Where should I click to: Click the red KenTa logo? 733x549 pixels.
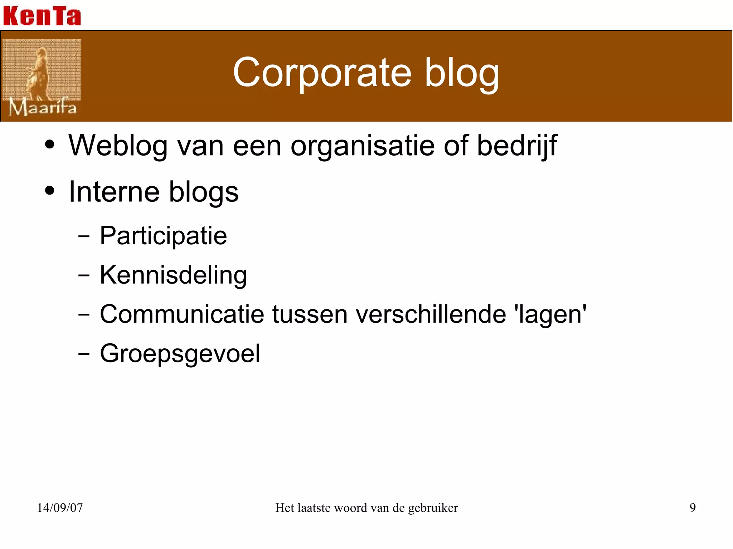(42, 16)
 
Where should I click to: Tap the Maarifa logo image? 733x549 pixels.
(42, 78)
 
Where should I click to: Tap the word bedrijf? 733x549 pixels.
(517, 146)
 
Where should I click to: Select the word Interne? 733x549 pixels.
(114, 192)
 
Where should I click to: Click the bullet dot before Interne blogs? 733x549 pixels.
(50, 191)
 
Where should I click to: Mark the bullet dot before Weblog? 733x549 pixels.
(50, 145)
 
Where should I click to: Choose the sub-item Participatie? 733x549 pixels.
(163, 236)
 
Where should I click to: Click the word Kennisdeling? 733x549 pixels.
(173, 275)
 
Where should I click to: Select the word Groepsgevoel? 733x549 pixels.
(180, 354)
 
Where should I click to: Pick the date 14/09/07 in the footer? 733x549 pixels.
(60, 508)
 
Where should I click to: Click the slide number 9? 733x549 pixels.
(693, 508)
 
